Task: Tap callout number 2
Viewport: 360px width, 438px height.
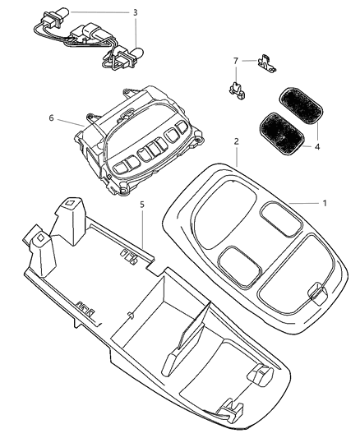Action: [236, 141]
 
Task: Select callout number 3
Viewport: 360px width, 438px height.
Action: [136, 12]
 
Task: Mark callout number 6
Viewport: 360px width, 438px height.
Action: [52, 118]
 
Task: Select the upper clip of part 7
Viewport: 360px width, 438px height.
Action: [265, 62]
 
